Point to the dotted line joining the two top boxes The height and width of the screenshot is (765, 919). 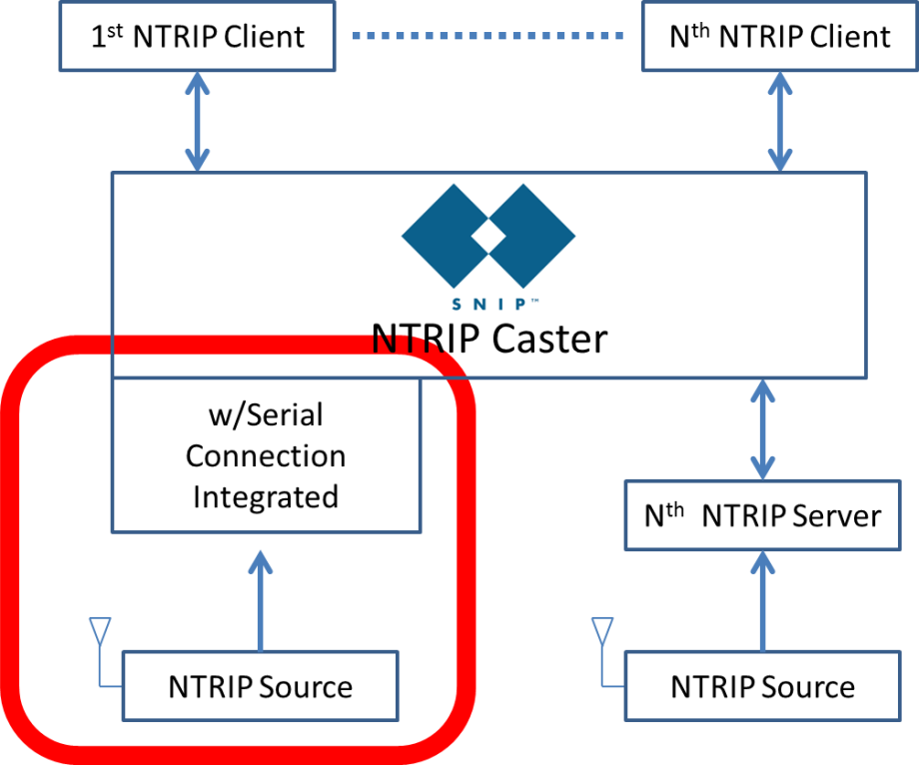point(487,36)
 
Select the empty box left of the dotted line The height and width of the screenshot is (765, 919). point(197,36)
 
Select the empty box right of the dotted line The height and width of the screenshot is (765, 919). point(779,36)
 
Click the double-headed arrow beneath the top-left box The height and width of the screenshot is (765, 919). point(197,121)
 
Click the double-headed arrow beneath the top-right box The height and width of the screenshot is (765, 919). point(779,121)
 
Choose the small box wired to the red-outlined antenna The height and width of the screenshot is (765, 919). point(260,686)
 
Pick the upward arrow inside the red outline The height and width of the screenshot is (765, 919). point(260,599)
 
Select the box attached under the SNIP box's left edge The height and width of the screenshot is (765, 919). point(266,455)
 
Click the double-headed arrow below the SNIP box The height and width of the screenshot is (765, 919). point(762,428)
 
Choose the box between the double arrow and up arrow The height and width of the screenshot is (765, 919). point(762,515)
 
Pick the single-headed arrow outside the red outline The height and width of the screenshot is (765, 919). point(762,599)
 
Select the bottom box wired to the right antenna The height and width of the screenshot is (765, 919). point(762,686)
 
